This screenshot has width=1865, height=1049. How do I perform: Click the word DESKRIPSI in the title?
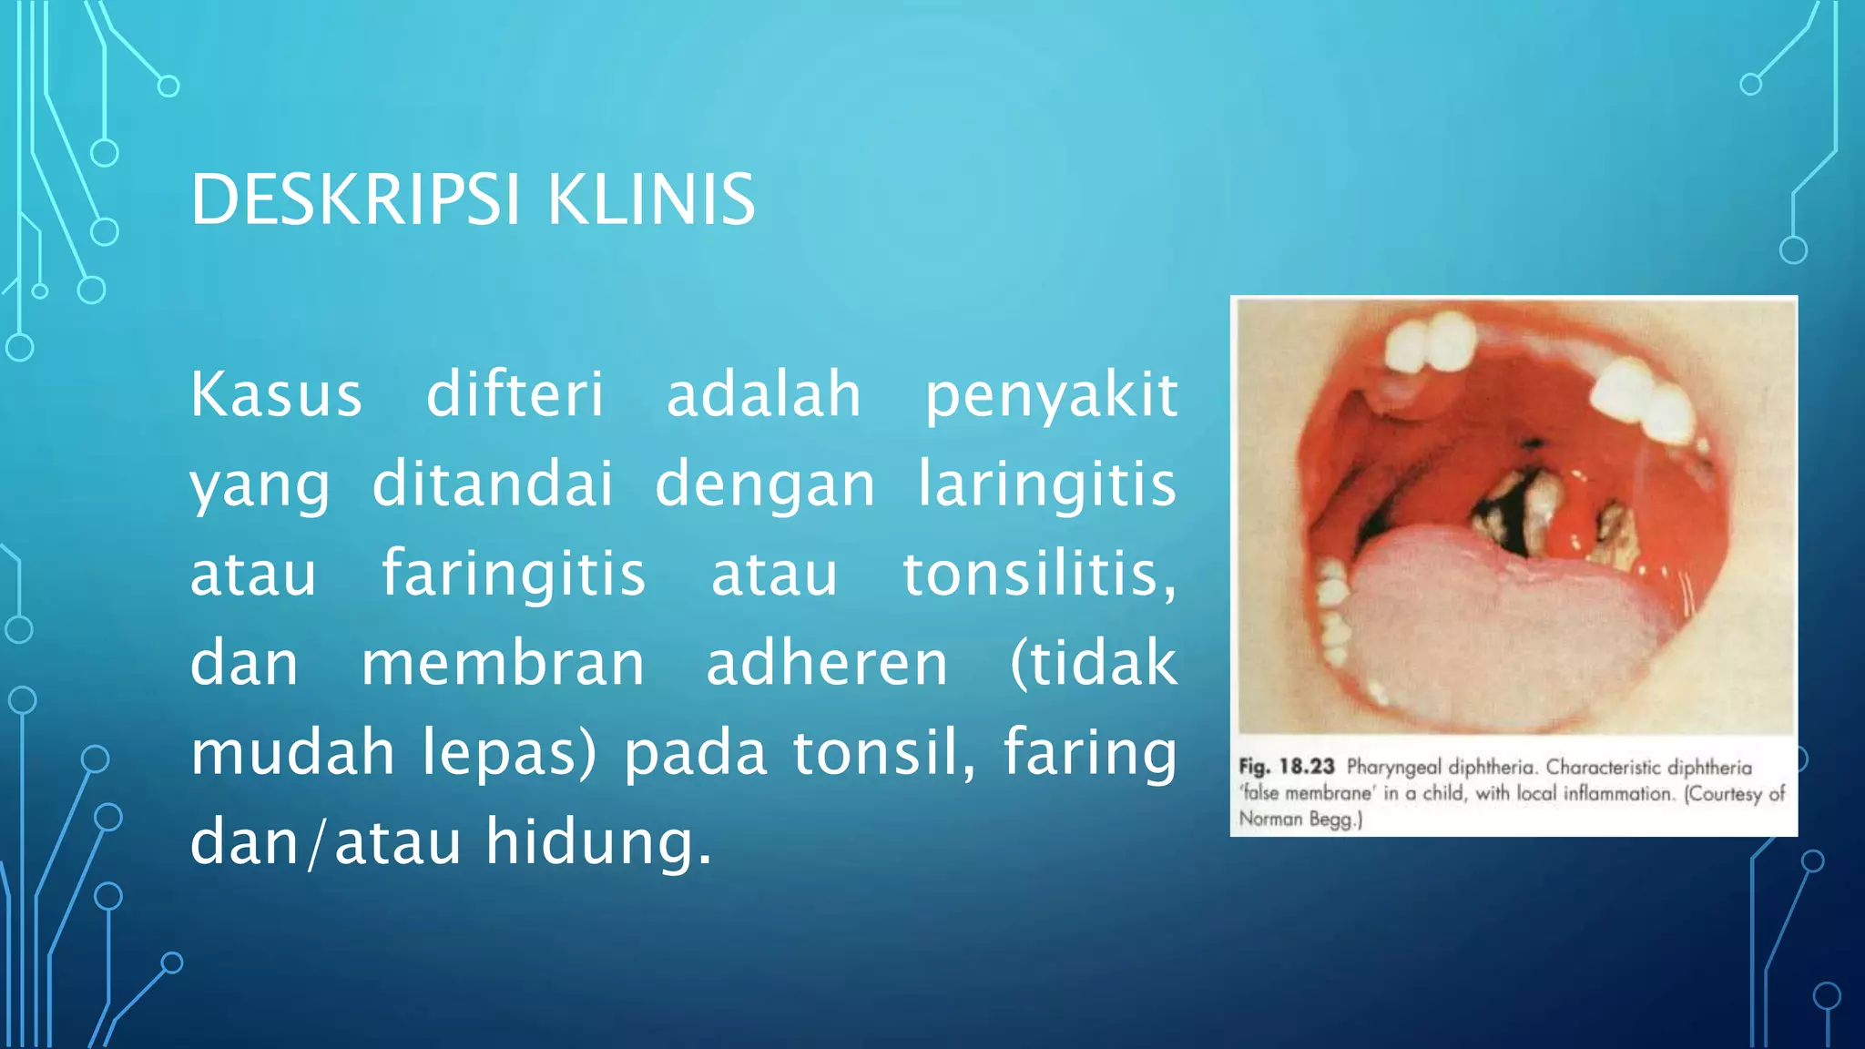coord(355,199)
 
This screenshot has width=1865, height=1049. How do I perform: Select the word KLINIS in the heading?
coord(651,199)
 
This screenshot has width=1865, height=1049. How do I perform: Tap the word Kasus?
coord(276,395)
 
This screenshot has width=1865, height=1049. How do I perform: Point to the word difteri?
coord(515,395)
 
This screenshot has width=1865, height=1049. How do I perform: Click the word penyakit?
coord(1051,397)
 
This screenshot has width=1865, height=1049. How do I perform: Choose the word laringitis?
coord(1047,484)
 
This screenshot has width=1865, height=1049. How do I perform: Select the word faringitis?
coord(514,575)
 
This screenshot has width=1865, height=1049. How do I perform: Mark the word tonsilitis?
coord(1039,575)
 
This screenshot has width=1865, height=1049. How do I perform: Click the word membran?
coord(503,663)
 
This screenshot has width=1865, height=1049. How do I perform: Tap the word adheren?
coord(827,663)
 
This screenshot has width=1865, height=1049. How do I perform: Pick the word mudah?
coord(292,752)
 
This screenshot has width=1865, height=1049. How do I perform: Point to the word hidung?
coord(597,841)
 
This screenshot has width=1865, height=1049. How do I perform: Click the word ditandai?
coord(493,484)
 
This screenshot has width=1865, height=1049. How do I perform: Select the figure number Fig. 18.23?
coord(1286,767)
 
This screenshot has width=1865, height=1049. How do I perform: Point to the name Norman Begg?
coord(1299,819)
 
